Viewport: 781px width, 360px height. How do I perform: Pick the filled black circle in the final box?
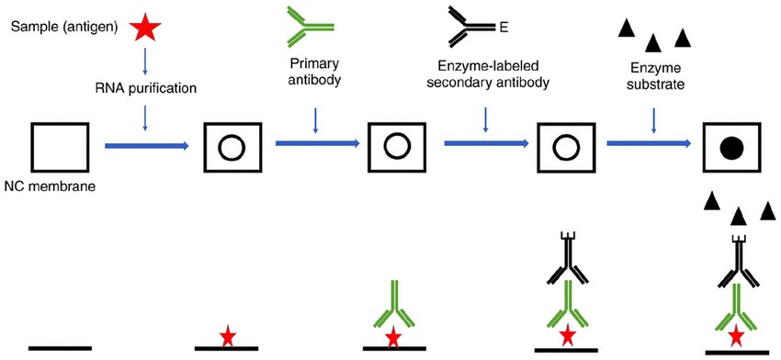[x=732, y=146]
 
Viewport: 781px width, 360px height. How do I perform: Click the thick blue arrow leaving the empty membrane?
[x=147, y=145]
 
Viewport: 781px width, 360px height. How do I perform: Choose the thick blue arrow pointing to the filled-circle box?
[x=649, y=144]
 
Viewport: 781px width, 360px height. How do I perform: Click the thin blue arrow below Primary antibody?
[x=315, y=119]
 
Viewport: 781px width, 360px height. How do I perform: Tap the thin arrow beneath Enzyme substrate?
[x=653, y=119]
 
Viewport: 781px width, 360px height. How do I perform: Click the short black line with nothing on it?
[x=60, y=347]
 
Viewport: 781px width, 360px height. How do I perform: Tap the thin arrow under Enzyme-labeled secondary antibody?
[x=485, y=119]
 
